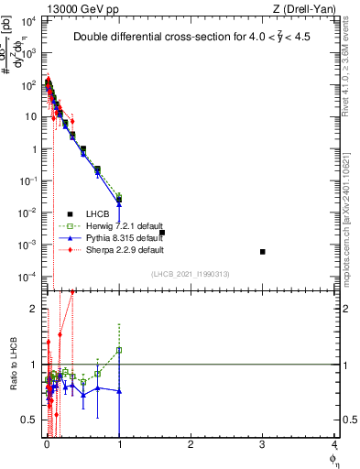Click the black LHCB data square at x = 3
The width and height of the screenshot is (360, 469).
point(263,251)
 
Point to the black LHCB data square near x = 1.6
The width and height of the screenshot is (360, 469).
point(162,233)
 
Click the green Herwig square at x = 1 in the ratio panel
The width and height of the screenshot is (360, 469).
point(119,350)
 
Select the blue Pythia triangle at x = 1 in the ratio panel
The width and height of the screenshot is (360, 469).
point(119,391)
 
